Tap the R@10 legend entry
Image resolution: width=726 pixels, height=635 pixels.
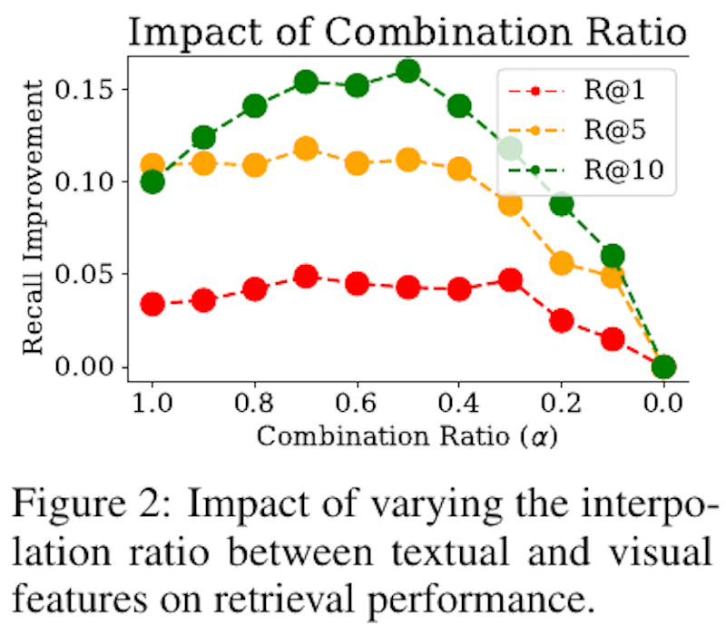click(626, 170)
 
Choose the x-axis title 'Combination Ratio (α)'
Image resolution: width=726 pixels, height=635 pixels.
click(406, 436)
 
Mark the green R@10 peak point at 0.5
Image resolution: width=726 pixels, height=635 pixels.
click(408, 71)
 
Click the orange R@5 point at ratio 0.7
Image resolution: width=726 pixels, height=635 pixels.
click(306, 149)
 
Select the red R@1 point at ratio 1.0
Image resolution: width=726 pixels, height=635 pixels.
click(152, 304)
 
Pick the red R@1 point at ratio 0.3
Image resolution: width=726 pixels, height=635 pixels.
click(511, 280)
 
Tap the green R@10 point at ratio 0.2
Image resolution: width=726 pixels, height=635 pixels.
click(562, 204)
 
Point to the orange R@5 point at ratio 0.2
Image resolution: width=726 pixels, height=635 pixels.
click(562, 263)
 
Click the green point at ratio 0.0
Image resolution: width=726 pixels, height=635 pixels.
click(664, 366)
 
